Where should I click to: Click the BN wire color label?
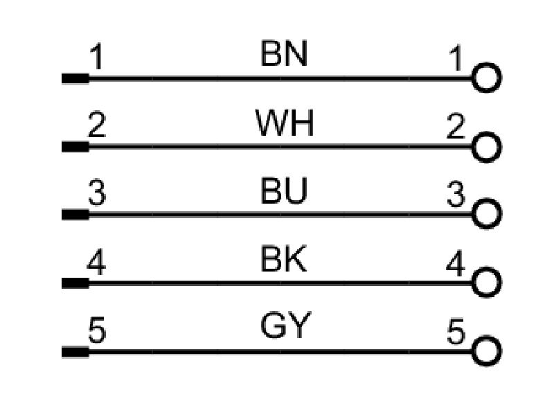(284, 53)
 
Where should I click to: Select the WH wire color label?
(285, 123)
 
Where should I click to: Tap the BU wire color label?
(284, 191)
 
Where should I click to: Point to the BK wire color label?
(283, 258)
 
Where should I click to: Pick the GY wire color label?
(285, 326)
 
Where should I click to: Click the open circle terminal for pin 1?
(487, 64)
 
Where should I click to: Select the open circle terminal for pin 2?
(487, 132)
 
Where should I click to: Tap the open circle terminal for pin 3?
(487, 199)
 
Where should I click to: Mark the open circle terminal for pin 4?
(487, 268)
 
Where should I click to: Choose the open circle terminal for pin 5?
(487, 336)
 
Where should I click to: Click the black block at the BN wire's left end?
(75, 78)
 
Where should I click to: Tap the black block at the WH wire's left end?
(75, 146)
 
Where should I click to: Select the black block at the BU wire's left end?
(75, 215)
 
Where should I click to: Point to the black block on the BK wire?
(75, 283)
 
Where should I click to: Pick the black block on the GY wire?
(75, 352)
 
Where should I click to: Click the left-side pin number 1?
(96, 57)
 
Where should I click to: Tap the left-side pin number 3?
(97, 193)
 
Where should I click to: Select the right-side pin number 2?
(456, 125)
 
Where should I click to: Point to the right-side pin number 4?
(456, 263)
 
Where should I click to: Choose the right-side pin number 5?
(456, 331)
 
